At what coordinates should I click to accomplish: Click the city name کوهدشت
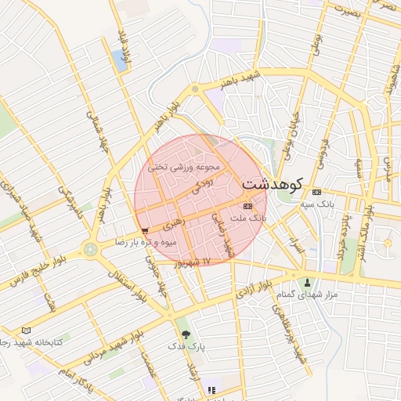coord(275,184)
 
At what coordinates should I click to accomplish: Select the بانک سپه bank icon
coord(316,192)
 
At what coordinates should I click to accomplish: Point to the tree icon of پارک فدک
coord(185,334)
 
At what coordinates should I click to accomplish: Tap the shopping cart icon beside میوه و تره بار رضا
coord(146,230)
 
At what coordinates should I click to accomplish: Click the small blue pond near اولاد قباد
coord(118,57)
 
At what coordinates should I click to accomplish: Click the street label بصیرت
coord(348,11)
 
